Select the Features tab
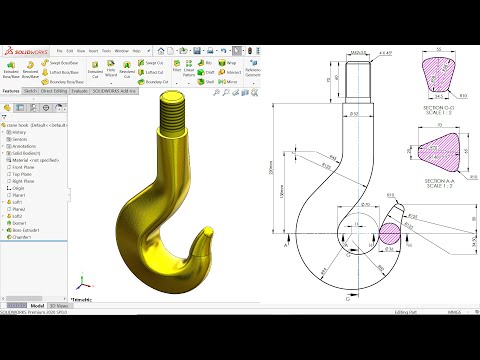pos(12,90)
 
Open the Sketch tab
pos(31,90)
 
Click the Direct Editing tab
pos(54,90)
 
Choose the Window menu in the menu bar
pos(120,50)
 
